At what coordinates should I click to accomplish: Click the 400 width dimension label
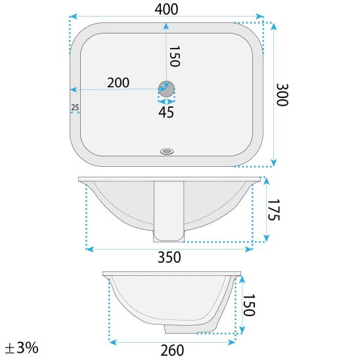(x=166, y=10)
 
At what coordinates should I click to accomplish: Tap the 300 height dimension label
(x=282, y=95)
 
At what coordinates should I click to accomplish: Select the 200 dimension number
(x=118, y=83)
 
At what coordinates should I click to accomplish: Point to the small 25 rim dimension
(x=75, y=107)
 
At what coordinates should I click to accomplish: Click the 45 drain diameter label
(x=166, y=112)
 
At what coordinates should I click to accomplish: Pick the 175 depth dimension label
(x=274, y=210)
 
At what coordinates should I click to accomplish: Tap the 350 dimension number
(x=169, y=257)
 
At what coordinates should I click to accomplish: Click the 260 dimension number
(x=172, y=350)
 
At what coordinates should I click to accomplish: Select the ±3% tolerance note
(x=22, y=348)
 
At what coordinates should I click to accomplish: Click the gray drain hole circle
(x=166, y=89)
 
